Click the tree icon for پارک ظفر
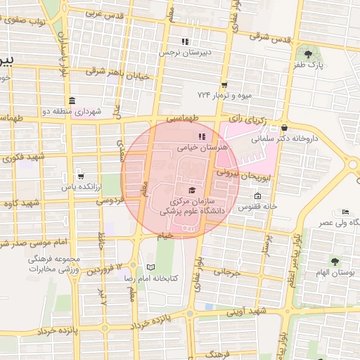point(307,53)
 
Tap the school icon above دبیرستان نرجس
point(185,41)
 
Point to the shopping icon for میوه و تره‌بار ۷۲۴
point(224,84)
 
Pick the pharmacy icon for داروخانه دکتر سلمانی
point(283,127)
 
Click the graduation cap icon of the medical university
point(192,190)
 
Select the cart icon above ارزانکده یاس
point(82,176)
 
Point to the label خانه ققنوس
point(258,207)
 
